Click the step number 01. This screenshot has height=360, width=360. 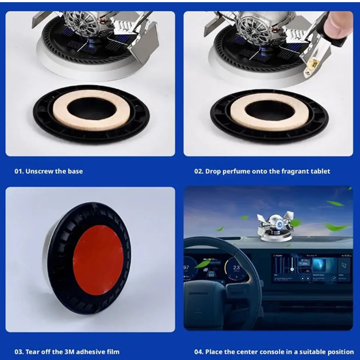[19, 171]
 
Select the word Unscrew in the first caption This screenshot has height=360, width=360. [39, 171]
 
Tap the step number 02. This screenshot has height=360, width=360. [199, 171]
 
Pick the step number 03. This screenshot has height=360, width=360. [19, 352]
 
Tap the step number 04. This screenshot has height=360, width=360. [199, 352]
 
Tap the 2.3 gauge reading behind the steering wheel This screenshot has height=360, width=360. [236, 267]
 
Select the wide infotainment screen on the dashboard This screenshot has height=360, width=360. [311, 268]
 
